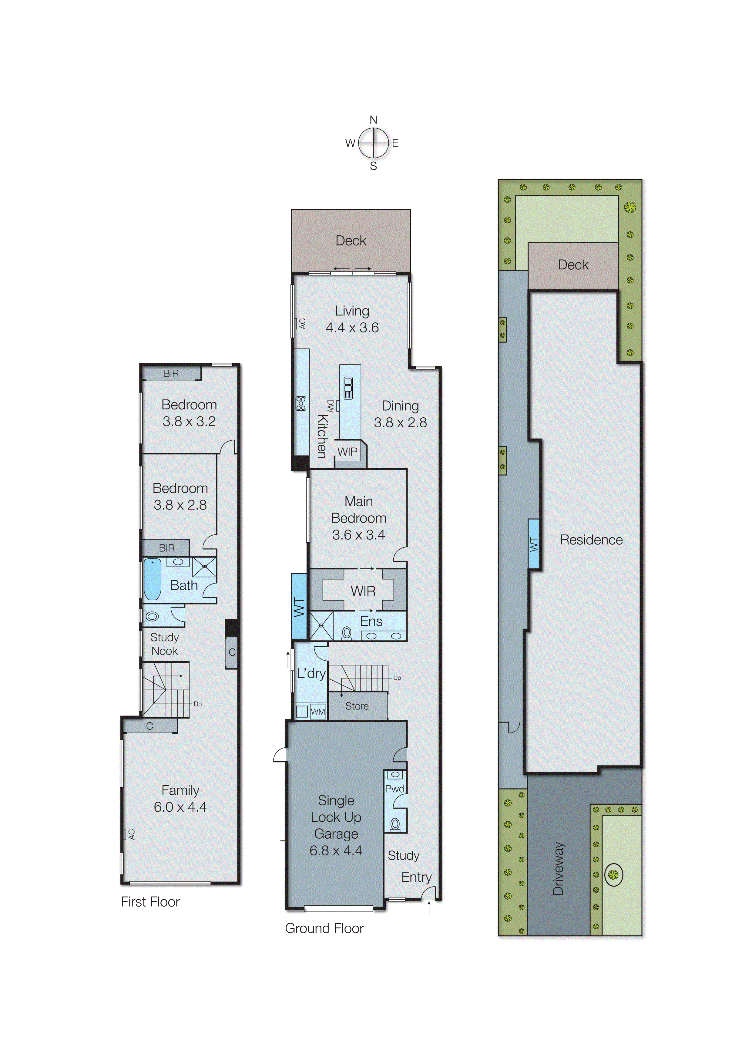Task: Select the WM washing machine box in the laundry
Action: [x=317, y=712]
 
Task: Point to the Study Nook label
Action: [x=164, y=644]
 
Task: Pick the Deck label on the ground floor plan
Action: [x=351, y=241]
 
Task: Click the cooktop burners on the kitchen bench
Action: [x=301, y=404]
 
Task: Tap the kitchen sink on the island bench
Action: [x=348, y=388]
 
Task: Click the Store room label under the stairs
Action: [x=357, y=706]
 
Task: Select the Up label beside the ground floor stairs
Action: [x=397, y=678]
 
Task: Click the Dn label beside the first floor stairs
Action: [x=198, y=704]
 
